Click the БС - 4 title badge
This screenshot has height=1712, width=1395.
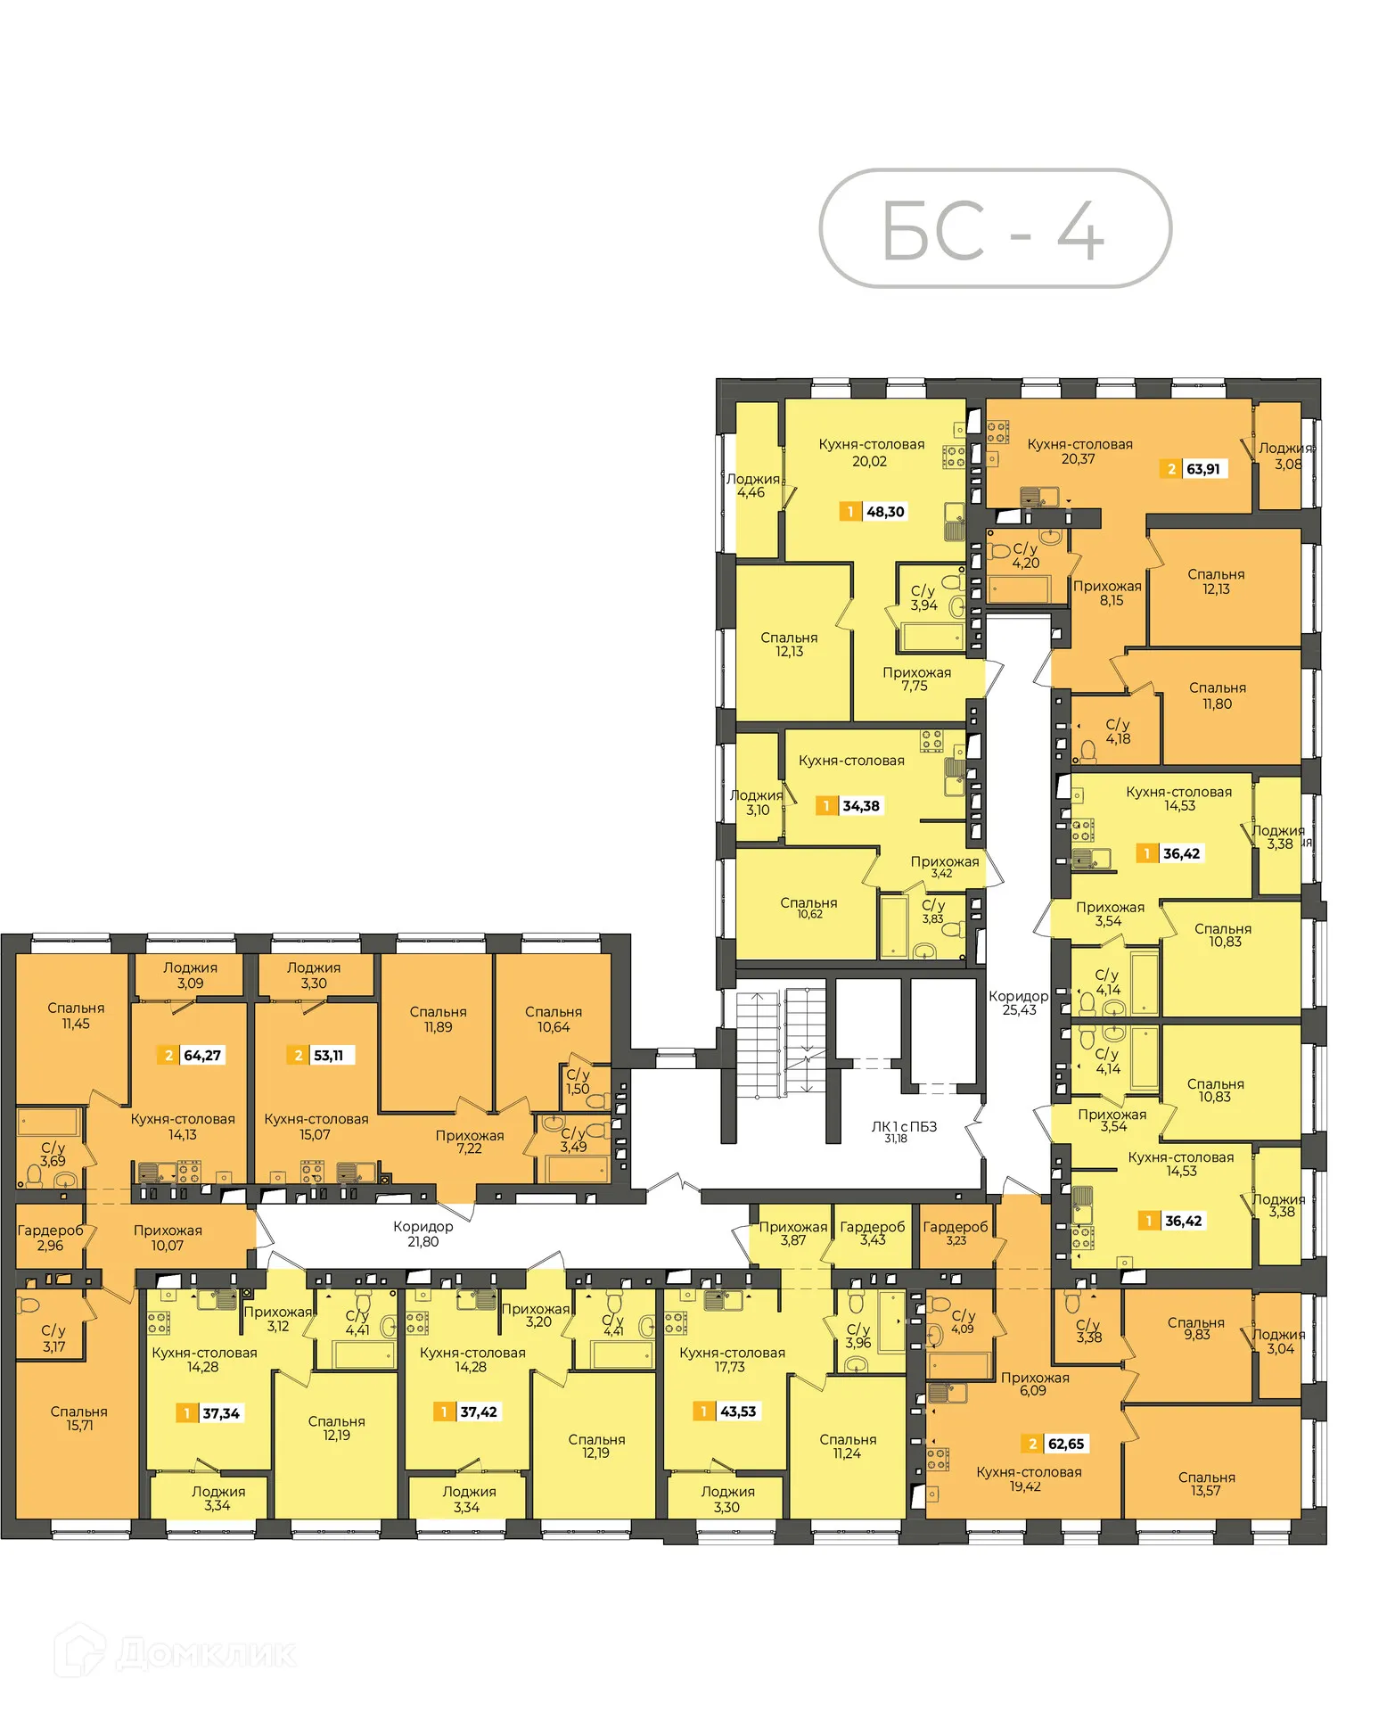[x=994, y=229]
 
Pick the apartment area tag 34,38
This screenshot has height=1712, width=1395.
[x=849, y=806]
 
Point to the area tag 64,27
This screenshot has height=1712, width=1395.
[x=191, y=1056]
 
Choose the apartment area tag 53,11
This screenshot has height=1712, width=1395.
[x=320, y=1056]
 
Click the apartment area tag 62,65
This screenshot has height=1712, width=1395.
[x=1055, y=1444]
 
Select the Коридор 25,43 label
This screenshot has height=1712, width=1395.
[x=1018, y=1003]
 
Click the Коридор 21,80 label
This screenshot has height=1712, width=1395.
[x=423, y=1234]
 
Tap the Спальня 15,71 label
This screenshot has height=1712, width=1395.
[x=78, y=1419]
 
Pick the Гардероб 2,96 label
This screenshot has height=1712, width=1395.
[x=50, y=1238]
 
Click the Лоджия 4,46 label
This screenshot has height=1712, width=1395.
[x=751, y=485]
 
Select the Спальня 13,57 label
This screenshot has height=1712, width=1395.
[x=1206, y=1484]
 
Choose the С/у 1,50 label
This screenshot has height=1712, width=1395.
[x=578, y=1082]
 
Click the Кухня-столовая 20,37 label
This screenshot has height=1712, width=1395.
[x=1079, y=451]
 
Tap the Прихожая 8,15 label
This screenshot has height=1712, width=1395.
[x=1107, y=593]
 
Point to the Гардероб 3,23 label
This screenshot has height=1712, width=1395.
[x=955, y=1233]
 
